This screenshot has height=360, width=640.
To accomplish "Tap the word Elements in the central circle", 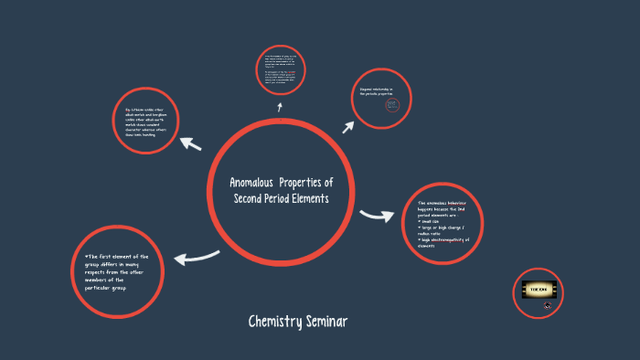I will click(x=304, y=198).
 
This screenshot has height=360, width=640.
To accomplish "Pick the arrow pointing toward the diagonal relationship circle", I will click(x=347, y=125).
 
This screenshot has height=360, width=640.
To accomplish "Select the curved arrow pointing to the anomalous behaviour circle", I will click(x=375, y=216).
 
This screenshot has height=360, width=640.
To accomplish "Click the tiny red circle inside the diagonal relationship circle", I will click(x=391, y=105).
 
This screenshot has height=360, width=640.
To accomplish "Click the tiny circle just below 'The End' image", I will click(x=548, y=306).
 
